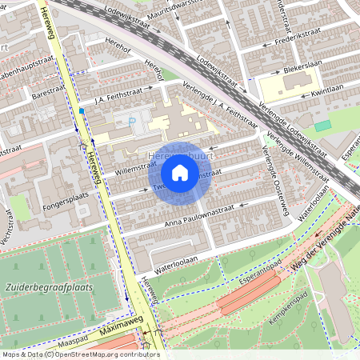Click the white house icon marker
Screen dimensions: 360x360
[x=180, y=173]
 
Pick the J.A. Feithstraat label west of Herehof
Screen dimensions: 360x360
[x=122, y=95]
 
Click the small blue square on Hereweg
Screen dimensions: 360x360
[x=82, y=110]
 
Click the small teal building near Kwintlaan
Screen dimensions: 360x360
[x=322, y=126]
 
